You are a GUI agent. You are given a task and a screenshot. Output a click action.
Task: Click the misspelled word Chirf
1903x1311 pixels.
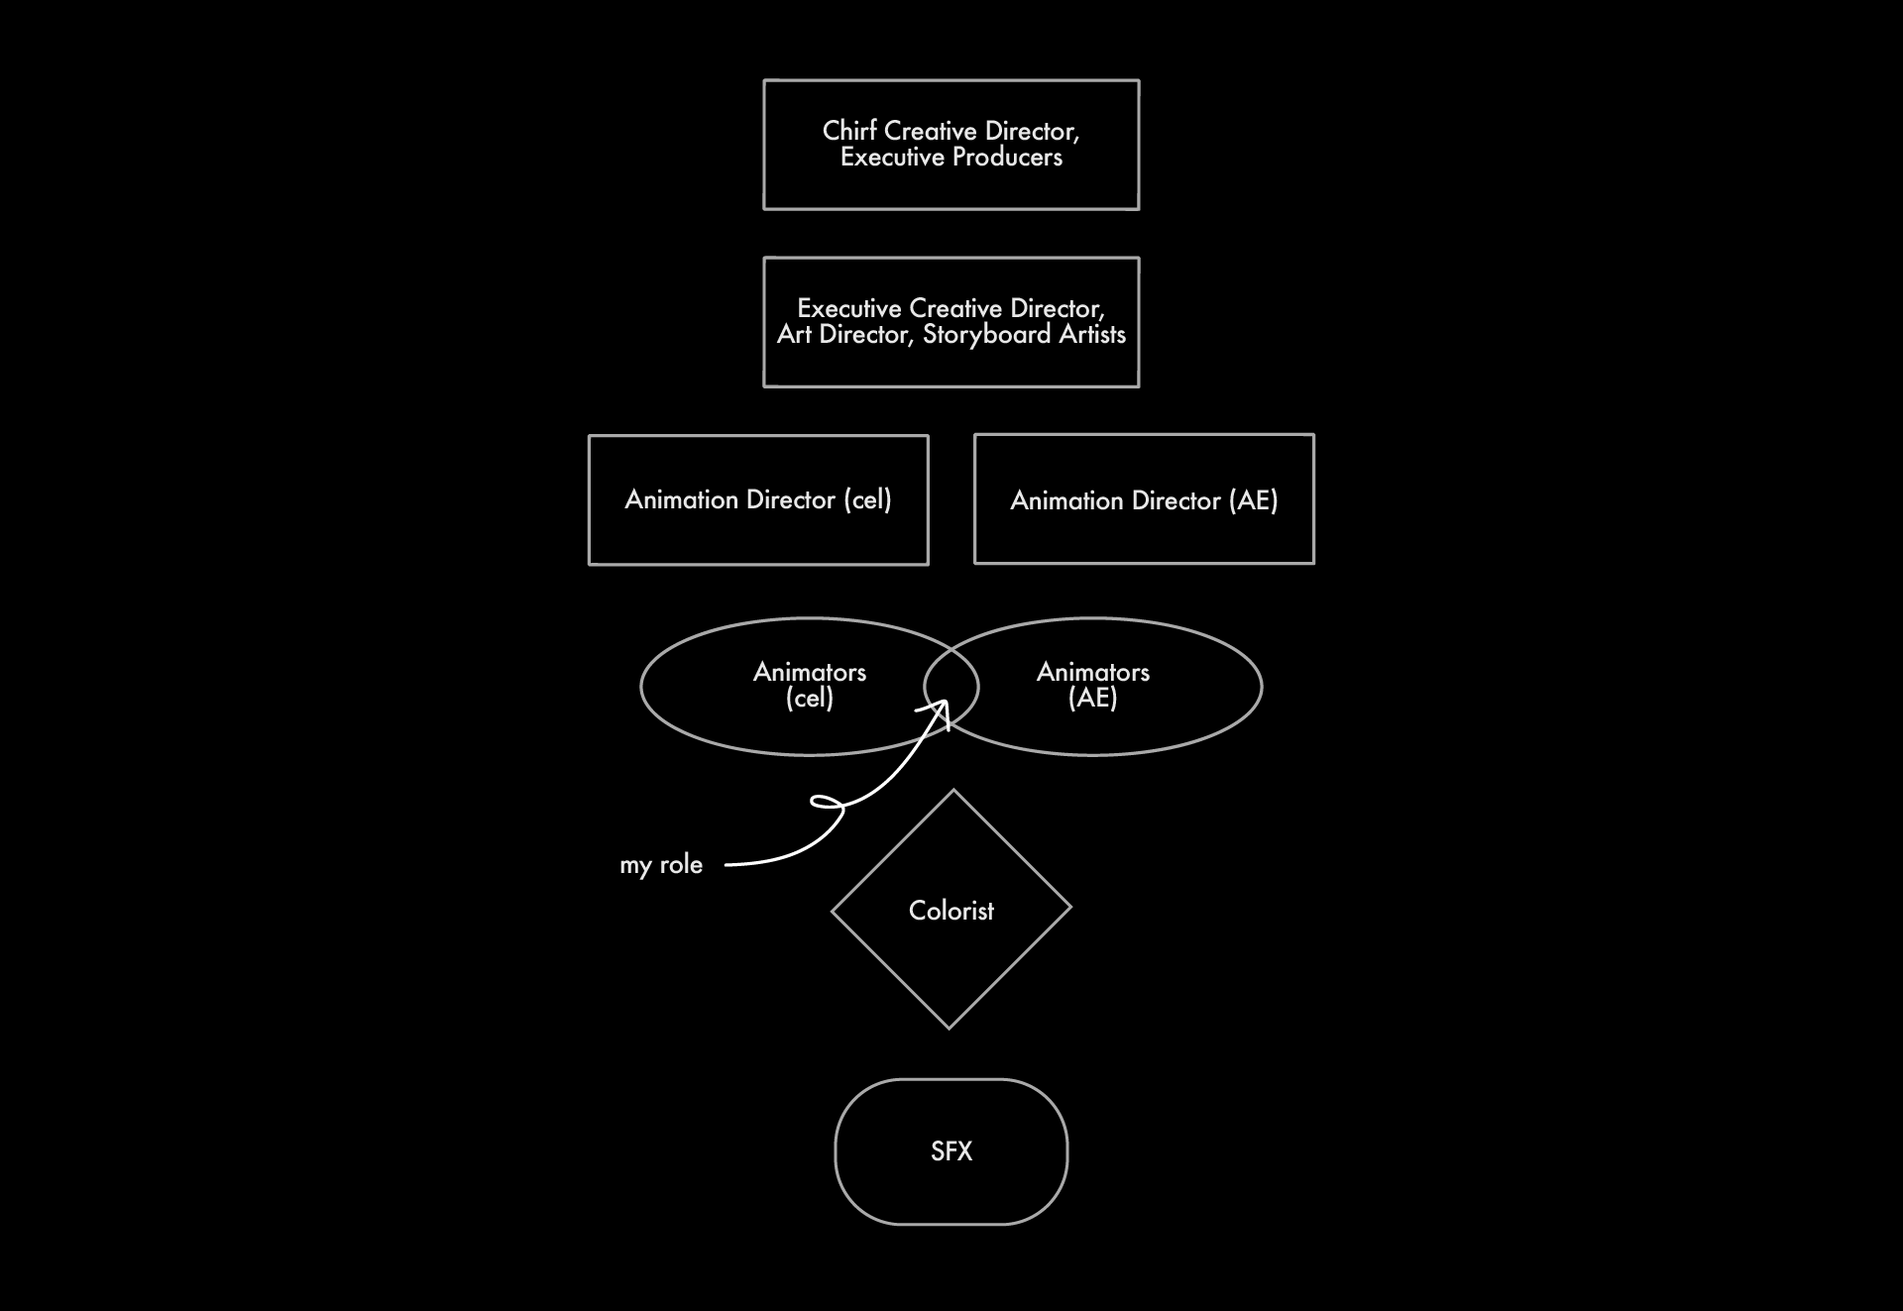pyautogui.click(x=849, y=131)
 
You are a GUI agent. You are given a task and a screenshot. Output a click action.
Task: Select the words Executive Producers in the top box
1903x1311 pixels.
pyautogui.click(x=951, y=158)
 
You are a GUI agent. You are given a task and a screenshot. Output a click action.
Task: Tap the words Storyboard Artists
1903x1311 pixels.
pyautogui.click(x=1024, y=335)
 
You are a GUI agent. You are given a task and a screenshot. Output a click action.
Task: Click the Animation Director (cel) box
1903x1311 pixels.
pyautogui.click(x=758, y=499)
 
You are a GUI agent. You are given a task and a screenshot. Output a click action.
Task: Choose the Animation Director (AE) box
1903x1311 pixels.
pyautogui.click(x=1144, y=499)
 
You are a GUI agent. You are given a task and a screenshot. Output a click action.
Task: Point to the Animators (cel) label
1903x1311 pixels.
pyautogui.click(x=809, y=685)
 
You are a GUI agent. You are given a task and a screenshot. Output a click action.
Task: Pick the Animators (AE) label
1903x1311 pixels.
pyautogui.click(x=1092, y=685)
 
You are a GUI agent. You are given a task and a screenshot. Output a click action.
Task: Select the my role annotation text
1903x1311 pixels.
pyautogui.click(x=661, y=865)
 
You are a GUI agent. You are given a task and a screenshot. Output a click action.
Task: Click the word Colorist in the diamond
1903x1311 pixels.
pyautogui.click(x=951, y=911)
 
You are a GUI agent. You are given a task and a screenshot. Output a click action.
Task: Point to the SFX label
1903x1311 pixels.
pyautogui.click(x=951, y=1151)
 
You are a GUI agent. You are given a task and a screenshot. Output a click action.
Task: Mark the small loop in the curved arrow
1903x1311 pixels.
pyautogui.click(x=827, y=803)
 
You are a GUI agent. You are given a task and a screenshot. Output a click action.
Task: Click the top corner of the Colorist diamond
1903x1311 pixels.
pyautogui.click(x=953, y=792)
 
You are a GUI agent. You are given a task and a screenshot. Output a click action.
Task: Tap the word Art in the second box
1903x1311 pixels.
pyautogui.click(x=794, y=335)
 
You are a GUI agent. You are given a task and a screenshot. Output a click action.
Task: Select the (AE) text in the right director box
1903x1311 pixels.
pyautogui.click(x=1253, y=500)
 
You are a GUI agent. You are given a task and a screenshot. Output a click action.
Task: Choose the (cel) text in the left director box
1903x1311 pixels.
pyautogui.click(x=867, y=499)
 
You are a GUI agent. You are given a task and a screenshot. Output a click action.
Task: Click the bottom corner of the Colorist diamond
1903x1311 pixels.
pyautogui.click(x=950, y=1028)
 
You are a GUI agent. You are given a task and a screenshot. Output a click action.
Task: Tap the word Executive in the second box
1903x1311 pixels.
pyautogui.click(x=849, y=308)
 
